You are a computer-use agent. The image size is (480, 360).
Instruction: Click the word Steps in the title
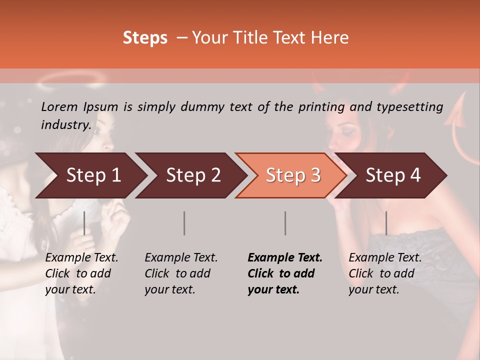(145, 38)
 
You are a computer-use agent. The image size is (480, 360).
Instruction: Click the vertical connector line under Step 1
(84, 223)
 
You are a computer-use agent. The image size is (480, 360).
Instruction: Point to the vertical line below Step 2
(184, 223)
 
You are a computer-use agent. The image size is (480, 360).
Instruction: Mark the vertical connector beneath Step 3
(285, 223)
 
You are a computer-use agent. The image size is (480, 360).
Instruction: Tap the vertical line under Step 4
(386, 223)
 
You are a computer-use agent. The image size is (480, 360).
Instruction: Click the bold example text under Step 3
(285, 273)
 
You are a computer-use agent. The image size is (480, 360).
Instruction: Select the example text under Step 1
(81, 273)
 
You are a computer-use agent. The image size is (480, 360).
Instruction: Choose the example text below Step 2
(181, 273)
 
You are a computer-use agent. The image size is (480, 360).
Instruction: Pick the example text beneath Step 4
(385, 273)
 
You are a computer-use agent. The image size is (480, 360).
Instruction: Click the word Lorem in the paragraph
(59, 106)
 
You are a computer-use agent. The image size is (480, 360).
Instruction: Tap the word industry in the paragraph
(66, 124)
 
